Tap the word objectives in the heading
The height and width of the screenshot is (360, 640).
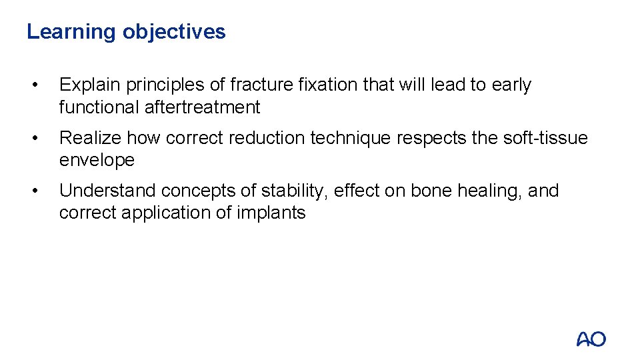(174, 32)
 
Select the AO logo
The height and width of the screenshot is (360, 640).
(591, 339)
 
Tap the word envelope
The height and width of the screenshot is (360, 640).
(97, 160)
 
